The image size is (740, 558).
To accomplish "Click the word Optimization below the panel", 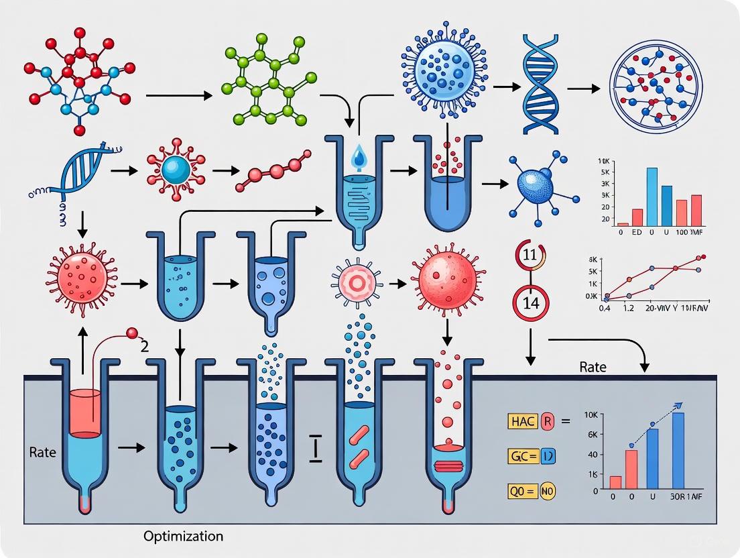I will click(182, 537).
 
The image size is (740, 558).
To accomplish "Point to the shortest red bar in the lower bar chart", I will click(615, 482).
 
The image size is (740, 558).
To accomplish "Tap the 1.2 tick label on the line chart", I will click(629, 308).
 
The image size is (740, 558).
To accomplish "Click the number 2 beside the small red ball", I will click(144, 347).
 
